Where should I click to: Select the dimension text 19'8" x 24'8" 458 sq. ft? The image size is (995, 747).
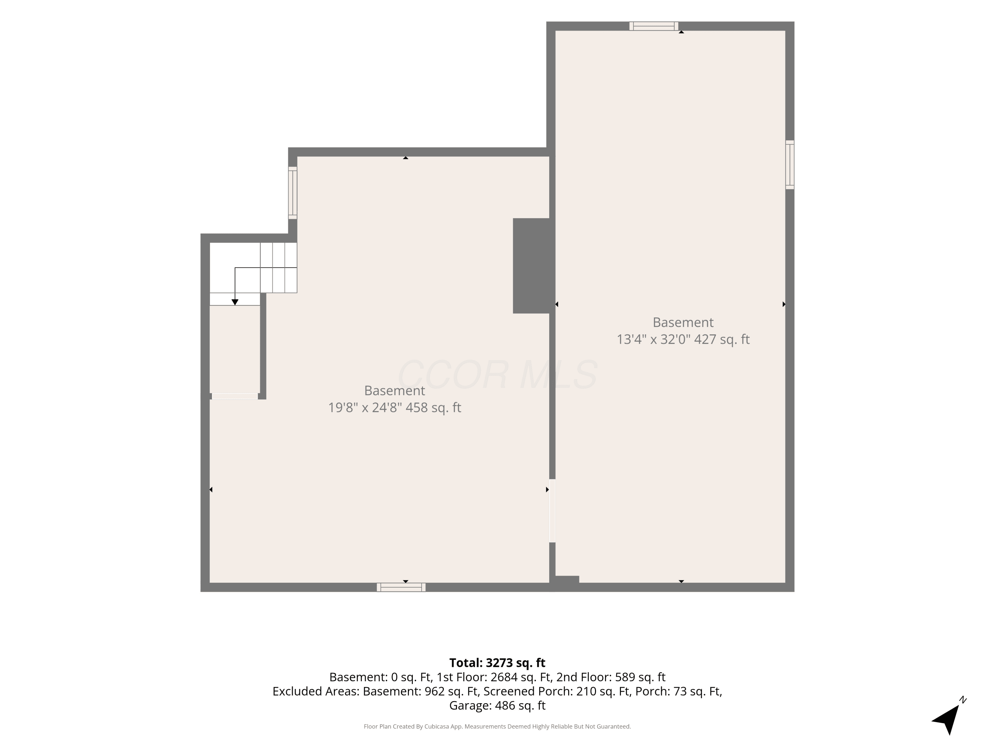pyautogui.click(x=394, y=407)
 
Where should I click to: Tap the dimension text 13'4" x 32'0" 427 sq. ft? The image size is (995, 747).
pyautogui.click(x=683, y=339)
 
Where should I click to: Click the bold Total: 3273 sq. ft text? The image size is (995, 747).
pyautogui.click(x=497, y=663)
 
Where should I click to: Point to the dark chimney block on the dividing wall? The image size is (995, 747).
pyautogui.click(x=531, y=266)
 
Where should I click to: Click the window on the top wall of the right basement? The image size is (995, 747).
pyautogui.click(x=654, y=26)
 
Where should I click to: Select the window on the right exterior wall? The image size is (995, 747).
pyautogui.click(x=790, y=164)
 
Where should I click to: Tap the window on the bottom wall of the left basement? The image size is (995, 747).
pyautogui.click(x=401, y=587)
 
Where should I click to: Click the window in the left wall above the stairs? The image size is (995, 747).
pyautogui.click(x=293, y=193)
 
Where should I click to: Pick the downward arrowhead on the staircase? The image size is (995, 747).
pyautogui.click(x=235, y=302)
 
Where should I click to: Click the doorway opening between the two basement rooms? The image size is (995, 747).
pyautogui.click(x=552, y=511)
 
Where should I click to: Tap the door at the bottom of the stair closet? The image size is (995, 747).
pyautogui.click(x=235, y=396)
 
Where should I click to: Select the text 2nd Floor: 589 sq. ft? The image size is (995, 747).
pyautogui.click(x=610, y=677)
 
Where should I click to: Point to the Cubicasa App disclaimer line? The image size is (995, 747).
pyautogui.click(x=497, y=726)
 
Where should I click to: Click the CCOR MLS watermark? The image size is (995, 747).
pyautogui.click(x=497, y=374)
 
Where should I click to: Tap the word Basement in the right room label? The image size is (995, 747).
pyautogui.click(x=683, y=322)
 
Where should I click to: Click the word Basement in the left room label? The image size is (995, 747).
pyautogui.click(x=394, y=390)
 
